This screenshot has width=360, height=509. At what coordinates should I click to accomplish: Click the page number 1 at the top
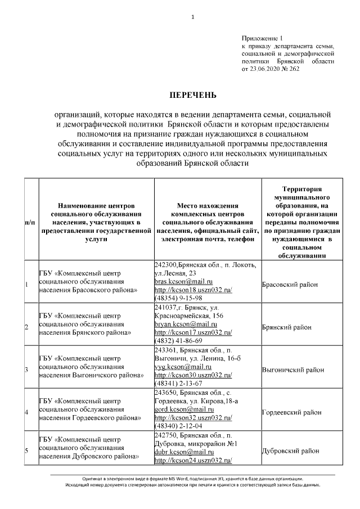tap(192, 16)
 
